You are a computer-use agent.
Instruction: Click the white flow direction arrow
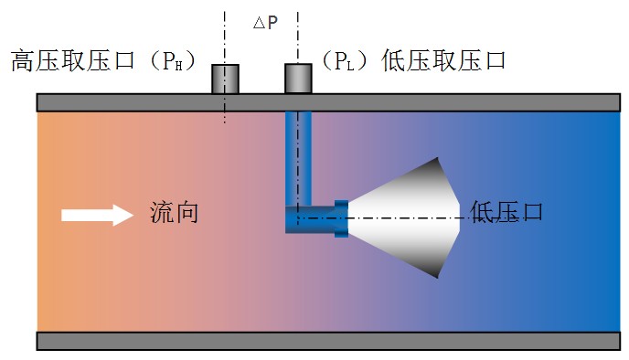pos(97,216)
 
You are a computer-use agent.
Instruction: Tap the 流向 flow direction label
pos(174,213)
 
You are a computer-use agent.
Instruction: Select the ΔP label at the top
pos(265,23)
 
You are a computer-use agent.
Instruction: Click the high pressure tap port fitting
pos(226,79)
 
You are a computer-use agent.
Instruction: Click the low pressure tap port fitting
pos(298,79)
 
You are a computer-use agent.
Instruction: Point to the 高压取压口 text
pos(72,61)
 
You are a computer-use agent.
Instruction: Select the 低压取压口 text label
pos(443,61)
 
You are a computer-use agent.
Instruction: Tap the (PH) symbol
pos(173,61)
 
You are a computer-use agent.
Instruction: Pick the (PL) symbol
pos(345,61)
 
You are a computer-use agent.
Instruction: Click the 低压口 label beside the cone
pos(506,212)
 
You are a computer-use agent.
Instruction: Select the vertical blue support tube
pos(298,159)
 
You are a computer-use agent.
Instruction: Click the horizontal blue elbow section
pos(310,219)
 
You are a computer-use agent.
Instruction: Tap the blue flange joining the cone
pos(341,218)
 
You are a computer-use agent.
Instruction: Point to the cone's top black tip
pos(437,158)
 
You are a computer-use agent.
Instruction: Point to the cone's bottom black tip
pos(437,278)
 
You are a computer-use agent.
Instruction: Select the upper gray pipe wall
pos(328,102)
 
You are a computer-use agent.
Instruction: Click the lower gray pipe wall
pos(328,341)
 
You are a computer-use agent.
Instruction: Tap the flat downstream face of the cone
pos(459,218)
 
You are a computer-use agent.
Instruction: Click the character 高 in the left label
pos(23,61)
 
